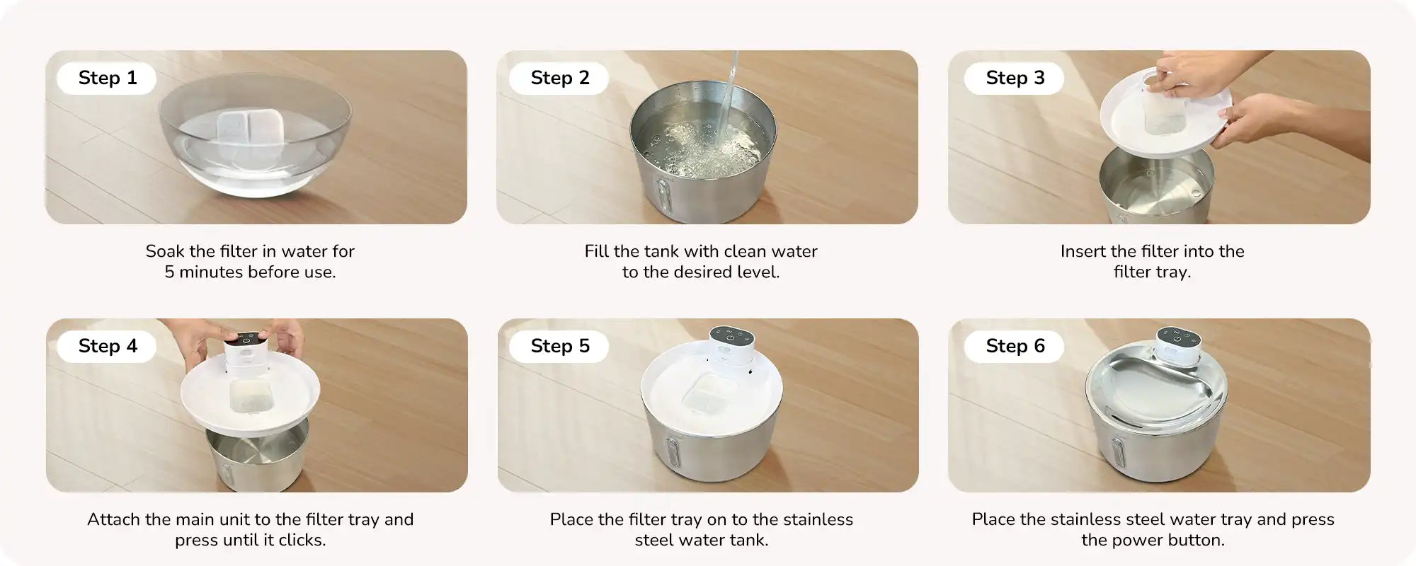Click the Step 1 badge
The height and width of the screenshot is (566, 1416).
click(107, 78)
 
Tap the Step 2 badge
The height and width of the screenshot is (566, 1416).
click(559, 78)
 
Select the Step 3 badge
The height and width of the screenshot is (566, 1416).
click(1015, 78)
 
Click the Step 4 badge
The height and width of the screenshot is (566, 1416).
click(107, 346)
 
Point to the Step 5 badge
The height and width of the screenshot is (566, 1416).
click(559, 346)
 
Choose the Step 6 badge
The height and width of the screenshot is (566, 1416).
click(1015, 346)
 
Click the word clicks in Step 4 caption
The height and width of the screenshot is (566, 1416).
click(303, 541)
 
